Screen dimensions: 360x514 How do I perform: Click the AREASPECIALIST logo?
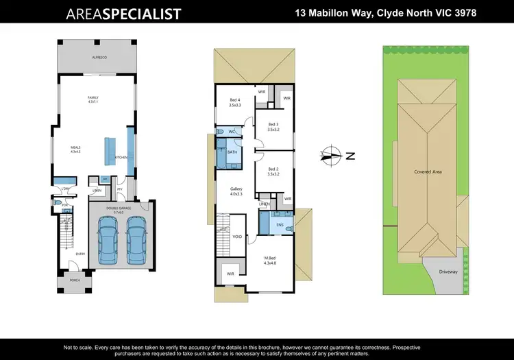coord(123,14)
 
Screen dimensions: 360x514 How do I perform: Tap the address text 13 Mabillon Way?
coord(385,13)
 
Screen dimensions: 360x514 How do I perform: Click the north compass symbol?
coord(331,156)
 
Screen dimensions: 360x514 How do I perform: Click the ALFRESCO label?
coord(101,58)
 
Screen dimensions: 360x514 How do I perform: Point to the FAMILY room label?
coord(93,99)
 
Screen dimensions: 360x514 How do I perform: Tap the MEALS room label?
coord(76,149)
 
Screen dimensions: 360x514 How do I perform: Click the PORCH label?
coord(73,281)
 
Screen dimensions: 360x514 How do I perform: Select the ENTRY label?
coord(80,254)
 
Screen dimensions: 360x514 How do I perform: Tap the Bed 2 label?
coord(272,171)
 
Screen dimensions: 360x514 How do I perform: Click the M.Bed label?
coord(270,261)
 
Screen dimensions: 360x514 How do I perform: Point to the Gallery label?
coord(236,191)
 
